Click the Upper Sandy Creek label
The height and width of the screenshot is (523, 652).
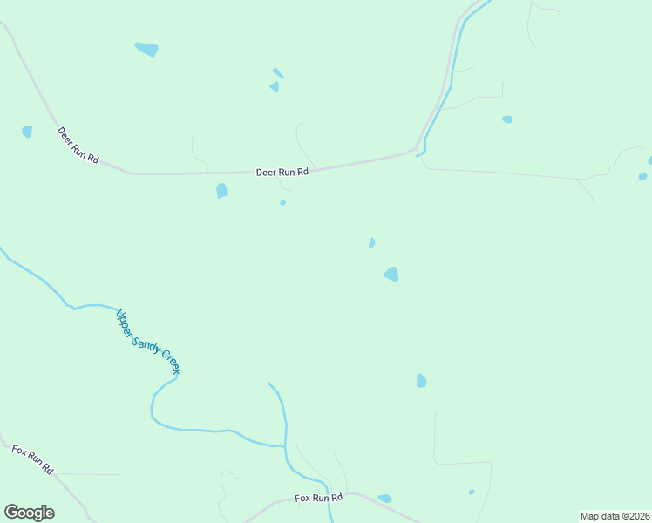[x=148, y=342]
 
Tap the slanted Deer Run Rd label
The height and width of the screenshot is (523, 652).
[x=78, y=148]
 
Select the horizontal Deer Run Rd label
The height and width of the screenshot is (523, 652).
[x=282, y=173]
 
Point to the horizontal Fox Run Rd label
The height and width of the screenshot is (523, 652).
[x=319, y=498]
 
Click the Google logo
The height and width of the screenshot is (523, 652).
[x=29, y=513]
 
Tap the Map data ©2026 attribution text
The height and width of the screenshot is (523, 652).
[x=615, y=516]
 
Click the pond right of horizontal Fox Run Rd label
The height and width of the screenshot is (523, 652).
[x=384, y=499]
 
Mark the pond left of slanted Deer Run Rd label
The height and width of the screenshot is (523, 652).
[x=27, y=132]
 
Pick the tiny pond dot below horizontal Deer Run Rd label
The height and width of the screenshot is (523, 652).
[x=282, y=203]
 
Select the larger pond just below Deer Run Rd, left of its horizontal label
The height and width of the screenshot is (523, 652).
[x=221, y=190]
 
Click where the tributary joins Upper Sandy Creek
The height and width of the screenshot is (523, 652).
[x=285, y=446]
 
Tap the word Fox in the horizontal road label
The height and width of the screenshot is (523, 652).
[x=302, y=498]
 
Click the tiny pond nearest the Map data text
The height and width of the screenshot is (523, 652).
[x=472, y=492]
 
